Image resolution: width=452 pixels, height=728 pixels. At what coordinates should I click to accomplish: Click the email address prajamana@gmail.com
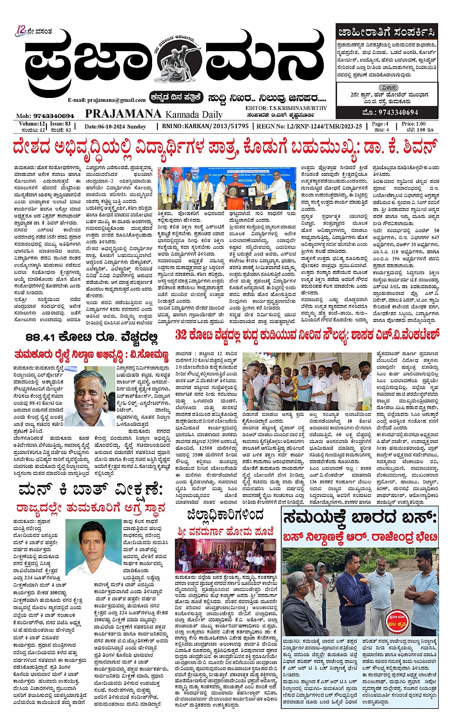[x=106, y=100]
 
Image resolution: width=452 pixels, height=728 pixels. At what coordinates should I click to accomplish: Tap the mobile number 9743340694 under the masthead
[x=45, y=116]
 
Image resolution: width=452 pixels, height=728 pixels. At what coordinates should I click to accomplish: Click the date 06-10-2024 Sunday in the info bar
[x=115, y=127]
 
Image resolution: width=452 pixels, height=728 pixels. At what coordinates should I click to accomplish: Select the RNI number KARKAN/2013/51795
[x=205, y=126]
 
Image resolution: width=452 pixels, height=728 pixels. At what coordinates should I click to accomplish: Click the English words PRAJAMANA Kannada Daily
[x=154, y=114]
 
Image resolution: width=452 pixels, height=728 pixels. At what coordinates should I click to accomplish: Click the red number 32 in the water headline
[x=181, y=335]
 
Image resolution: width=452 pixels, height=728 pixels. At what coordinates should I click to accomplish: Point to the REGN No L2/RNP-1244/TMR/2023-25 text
[x=309, y=126]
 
